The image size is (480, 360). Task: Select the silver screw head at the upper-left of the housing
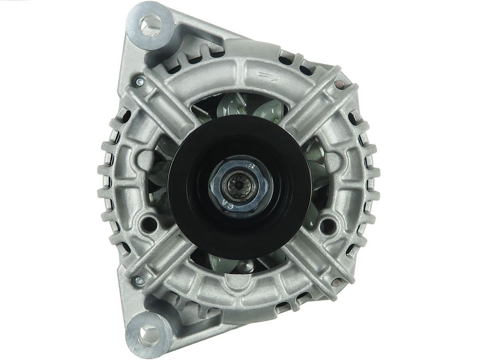point(140,82)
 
